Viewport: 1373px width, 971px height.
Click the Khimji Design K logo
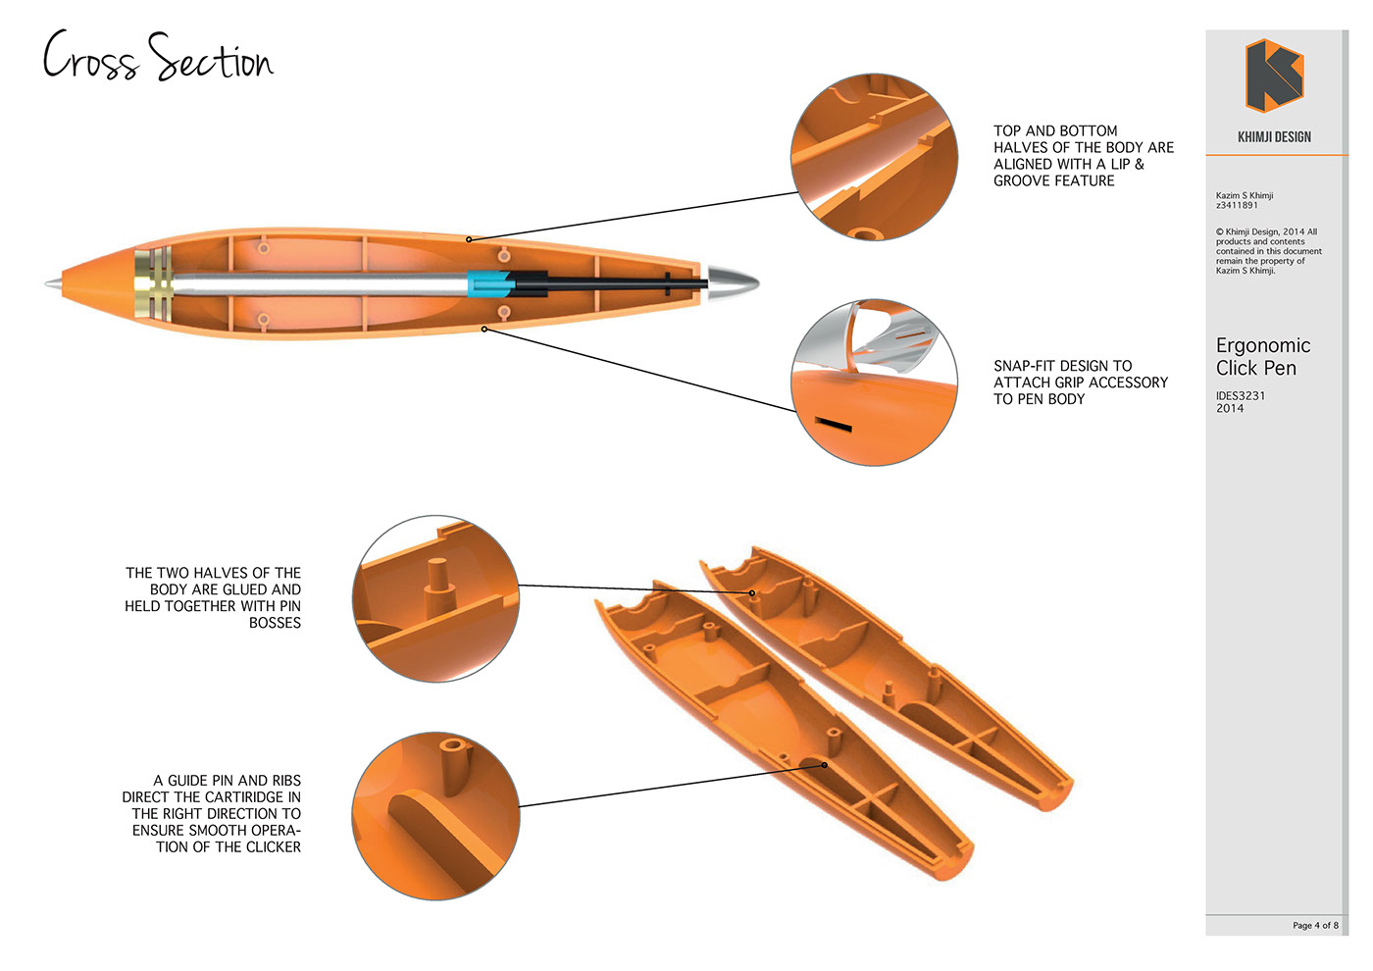pyautogui.click(x=1274, y=76)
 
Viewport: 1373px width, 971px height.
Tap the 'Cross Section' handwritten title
pyautogui.click(x=158, y=57)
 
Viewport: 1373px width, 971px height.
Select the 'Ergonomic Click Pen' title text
pyautogui.click(x=1262, y=357)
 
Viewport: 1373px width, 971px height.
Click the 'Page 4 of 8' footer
pyautogui.click(x=1314, y=925)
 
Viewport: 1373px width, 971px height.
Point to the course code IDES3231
pyautogui.click(x=1241, y=395)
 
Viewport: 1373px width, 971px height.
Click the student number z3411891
pyautogui.click(x=1237, y=205)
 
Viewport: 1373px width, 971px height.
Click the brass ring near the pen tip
pyautogui.click(x=153, y=284)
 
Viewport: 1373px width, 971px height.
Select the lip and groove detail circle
pyautogui.click(x=874, y=157)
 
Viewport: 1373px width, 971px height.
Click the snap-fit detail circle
pyautogui.click(x=874, y=383)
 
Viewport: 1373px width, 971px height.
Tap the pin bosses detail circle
pyautogui.click(x=435, y=598)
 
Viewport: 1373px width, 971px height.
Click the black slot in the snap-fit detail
pyautogui.click(x=834, y=426)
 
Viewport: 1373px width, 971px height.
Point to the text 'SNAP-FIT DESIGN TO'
pyautogui.click(x=1062, y=366)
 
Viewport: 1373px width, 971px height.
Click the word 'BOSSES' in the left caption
pyautogui.click(x=275, y=623)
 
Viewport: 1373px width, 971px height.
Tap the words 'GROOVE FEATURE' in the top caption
pyautogui.click(x=1053, y=180)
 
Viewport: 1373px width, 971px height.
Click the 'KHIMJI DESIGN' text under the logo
pyautogui.click(x=1274, y=137)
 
